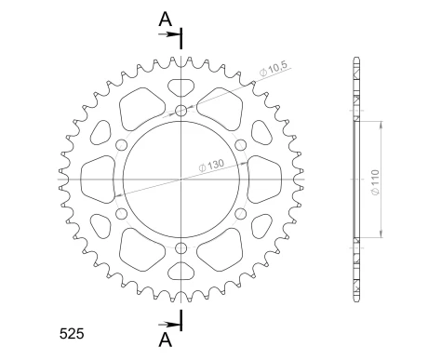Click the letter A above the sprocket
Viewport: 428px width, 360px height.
click(164, 18)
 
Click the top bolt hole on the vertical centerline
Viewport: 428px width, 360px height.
click(181, 113)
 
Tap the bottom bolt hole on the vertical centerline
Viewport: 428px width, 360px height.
click(181, 247)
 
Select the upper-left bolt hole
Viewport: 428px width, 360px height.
click(123, 146)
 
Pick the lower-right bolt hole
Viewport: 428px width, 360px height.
click(240, 214)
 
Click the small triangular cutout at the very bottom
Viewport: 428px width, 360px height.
click(181, 272)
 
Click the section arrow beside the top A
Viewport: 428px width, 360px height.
click(173, 35)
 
